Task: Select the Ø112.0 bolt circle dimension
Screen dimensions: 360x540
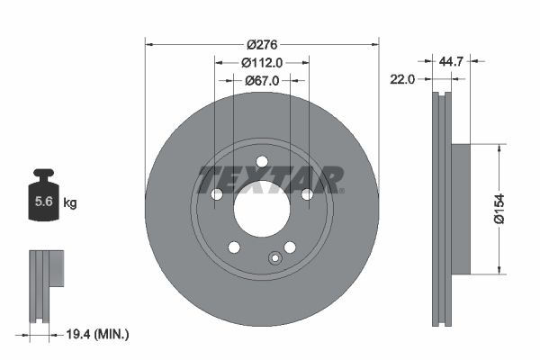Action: (262, 62)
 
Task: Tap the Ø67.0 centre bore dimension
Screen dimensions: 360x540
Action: (262, 80)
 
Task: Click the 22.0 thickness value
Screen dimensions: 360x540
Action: (401, 79)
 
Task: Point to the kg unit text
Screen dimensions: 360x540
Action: (70, 203)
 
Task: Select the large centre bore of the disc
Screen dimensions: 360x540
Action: (262, 209)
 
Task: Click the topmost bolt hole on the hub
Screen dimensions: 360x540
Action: (262, 162)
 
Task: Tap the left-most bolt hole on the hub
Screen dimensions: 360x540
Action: (217, 194)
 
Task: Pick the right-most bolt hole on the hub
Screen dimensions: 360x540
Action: (307, 194)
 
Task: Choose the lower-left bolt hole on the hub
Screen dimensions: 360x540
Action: (234, 247)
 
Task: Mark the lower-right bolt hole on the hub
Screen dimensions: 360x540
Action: (290, 247)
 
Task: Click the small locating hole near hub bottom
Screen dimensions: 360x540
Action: (275, 259)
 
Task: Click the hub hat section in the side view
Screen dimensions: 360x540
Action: (459, 209)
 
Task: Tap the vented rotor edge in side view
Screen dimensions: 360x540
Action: (440, 209)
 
